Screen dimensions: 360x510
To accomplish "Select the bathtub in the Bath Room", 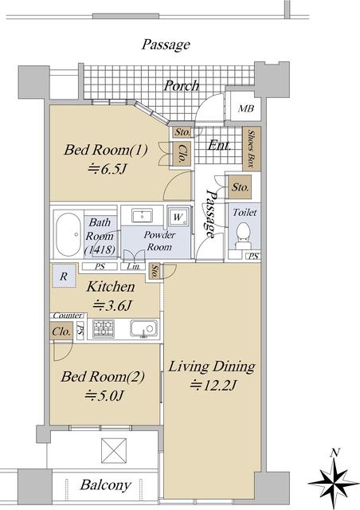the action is tap(68, 234).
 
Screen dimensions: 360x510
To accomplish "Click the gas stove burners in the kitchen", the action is tap(104, 328).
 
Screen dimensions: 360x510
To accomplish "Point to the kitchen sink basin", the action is tap(144, 328).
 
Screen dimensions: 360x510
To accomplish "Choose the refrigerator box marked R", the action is tap(64, 276).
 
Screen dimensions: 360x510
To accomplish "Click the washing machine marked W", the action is tap(178, 216).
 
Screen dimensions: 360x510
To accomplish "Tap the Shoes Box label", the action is tap(251, 148).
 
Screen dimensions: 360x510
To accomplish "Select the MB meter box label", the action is tap(246, 108).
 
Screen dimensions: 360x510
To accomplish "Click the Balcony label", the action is tap(105, 485).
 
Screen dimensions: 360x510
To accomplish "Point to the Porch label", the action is tap(182, 85).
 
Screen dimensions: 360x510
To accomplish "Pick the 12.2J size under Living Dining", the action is tap(213, 386).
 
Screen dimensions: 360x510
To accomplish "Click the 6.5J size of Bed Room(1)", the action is tap(107, 169).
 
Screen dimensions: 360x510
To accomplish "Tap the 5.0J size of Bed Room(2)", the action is tap(104, 396).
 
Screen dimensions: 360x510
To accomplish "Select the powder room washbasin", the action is tap(142, 216).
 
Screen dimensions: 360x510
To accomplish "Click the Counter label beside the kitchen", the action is tap(68, 316).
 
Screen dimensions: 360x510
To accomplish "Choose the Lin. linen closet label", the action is tap(134, 267).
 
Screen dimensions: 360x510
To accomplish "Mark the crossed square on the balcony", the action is tap(114, 450).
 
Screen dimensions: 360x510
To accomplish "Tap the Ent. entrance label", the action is tap(219, 145).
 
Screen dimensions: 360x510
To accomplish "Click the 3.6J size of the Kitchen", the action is tap(112, 306).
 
